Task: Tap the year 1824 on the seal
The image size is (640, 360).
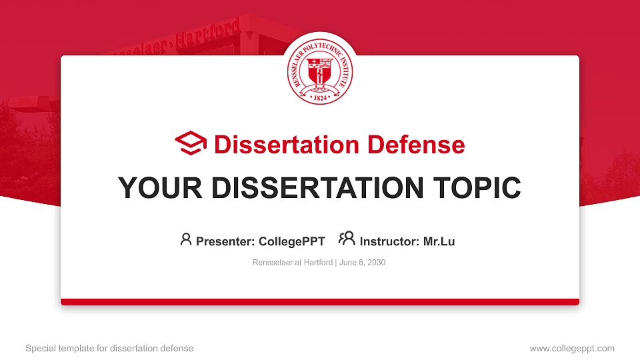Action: click(319, 97)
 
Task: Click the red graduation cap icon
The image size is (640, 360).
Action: click(191, 143)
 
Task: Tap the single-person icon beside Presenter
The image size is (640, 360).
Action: click(186, 239)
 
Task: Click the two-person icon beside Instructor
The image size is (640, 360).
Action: click(347, 239)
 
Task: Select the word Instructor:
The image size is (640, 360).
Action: click(389, 241)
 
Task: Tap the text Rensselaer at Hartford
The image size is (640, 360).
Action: click(292, 263)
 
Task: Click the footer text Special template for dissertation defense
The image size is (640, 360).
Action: click(109, 348)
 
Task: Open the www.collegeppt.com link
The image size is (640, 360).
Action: click(572, 348)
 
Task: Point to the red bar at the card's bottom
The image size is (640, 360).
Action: click(319, 302)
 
